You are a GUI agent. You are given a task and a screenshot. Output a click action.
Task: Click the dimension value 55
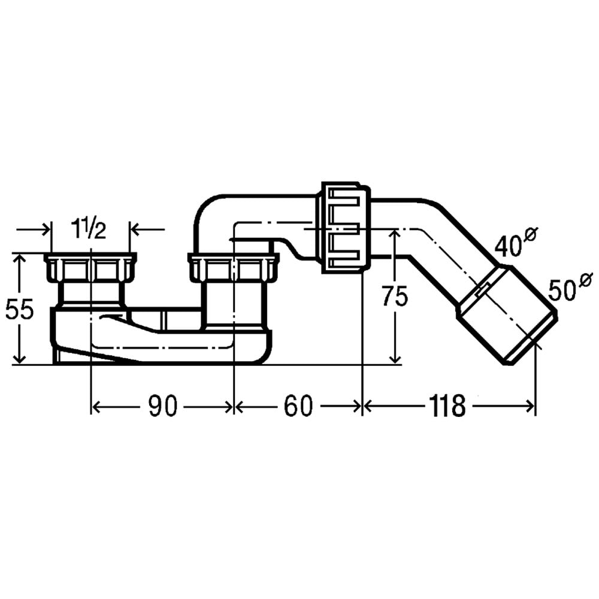20,309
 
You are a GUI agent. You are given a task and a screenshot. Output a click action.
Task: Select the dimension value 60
298,406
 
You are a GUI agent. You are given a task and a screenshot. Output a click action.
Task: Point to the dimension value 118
447,406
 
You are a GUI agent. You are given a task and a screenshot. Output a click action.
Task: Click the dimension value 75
395,296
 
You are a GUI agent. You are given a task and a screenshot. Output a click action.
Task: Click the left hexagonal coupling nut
90,267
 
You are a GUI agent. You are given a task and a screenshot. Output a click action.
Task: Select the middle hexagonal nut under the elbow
234,267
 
